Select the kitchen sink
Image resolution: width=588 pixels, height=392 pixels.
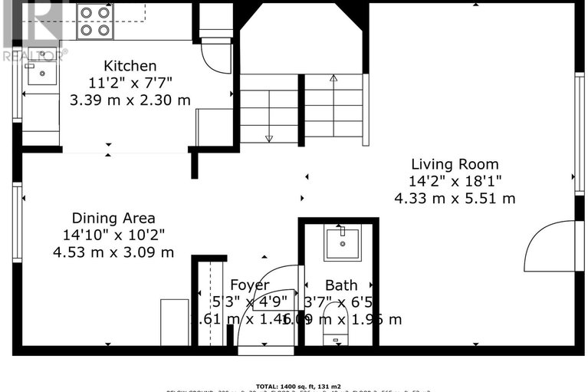pyautogui.click(x=40, y=74)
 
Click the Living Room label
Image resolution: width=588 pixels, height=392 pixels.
pyautogui.click(x=455, y=164)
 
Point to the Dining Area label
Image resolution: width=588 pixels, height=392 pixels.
pyautogui.click(x=113, y=218)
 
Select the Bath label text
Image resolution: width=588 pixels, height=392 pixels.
pyautogui.click(x=340, y=285)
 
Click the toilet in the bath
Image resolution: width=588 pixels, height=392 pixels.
pyautogui.click(x=335, y=330)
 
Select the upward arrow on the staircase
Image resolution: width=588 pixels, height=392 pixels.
pyautogui.click(x=333, y=77)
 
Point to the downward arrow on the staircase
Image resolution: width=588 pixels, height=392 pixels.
pyautogui.click(x=268, y=137)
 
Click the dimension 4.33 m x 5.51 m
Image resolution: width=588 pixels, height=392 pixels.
pyautogui.click(x=455, y=198)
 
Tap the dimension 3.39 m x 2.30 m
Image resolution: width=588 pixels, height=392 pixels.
pyautogui.click(x=130, y=100)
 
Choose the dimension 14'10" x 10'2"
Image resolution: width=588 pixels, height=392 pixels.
pyautogui.click(x=113, y=235)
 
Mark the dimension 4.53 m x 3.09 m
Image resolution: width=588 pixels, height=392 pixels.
pyautogui.click(x=113, y=252)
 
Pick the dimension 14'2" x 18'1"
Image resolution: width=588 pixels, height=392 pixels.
pyautogui.click(x=455, y=181)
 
